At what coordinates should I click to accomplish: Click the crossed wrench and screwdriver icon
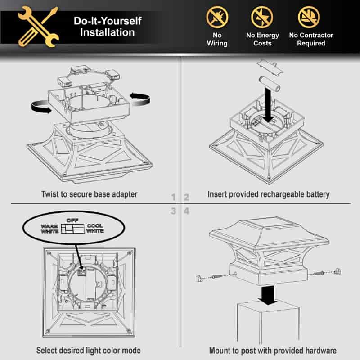pyautogui.click(x=38, y=27)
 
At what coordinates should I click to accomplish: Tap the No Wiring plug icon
pyautogui.click(x=217, y=17)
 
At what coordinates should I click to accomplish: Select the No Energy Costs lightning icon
pyautogui.click(x=262, y=17)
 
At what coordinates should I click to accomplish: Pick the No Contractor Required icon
pyautogui.click(x=309, y=17)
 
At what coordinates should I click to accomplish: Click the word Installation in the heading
pyautogui.click(x=108, y=32)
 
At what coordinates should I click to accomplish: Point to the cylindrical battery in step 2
pyautogui.click(x=270, y=84)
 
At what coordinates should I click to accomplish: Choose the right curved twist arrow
pyautogui.click(x=140, y=99)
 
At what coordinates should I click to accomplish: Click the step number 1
pyautogui.click(x=174, y=197)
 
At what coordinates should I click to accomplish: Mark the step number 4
pyautogui.click(x=186, y=211)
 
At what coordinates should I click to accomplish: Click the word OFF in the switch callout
pyautogui.click(x=72, y=220)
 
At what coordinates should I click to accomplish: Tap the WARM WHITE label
pyautogui.click(x=49, y=229)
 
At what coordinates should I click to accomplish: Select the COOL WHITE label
pyautogui.click(x=95, y=229)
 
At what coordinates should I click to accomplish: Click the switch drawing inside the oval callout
pyautogui.click(x=73, y=229)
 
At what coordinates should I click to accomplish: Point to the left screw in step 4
pyautogui.click(x=217, y=276)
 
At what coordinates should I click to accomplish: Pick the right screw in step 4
pyautogui.click(x=318, y=274)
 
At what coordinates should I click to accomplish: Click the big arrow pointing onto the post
pyautogui.click(x=268, y=295)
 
